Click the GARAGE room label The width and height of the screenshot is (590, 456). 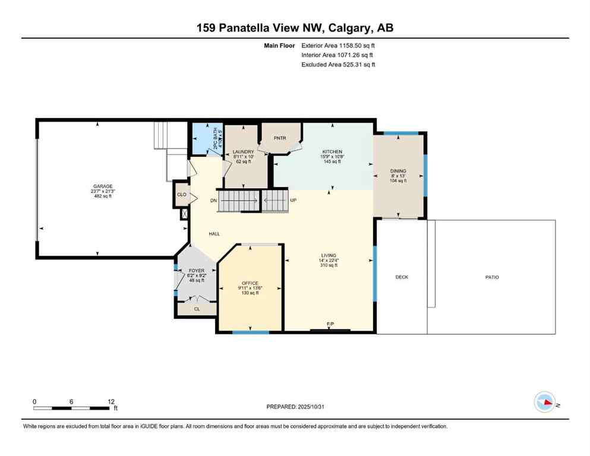click(102, 186)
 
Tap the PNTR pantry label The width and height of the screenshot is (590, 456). click(280, 138)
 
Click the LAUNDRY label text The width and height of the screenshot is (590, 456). click(243, 152)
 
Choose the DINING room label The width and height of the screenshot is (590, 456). click(398, 171)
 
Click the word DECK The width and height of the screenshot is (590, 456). click(402, 277)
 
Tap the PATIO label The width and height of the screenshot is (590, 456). click(491, 277)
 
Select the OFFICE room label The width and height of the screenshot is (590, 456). click(250, 283)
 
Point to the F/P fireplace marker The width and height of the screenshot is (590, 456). click(330, 324)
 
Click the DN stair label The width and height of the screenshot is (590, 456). click(214, 200)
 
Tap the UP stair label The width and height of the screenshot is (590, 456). click(293, 200)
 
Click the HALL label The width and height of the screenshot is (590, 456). click(214, 234)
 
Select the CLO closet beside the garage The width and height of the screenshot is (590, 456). click(182, 194)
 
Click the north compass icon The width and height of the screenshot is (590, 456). click(545, 402)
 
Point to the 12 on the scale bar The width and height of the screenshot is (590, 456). click(111, 401)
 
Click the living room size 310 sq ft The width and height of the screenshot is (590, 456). click(329, 265)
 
